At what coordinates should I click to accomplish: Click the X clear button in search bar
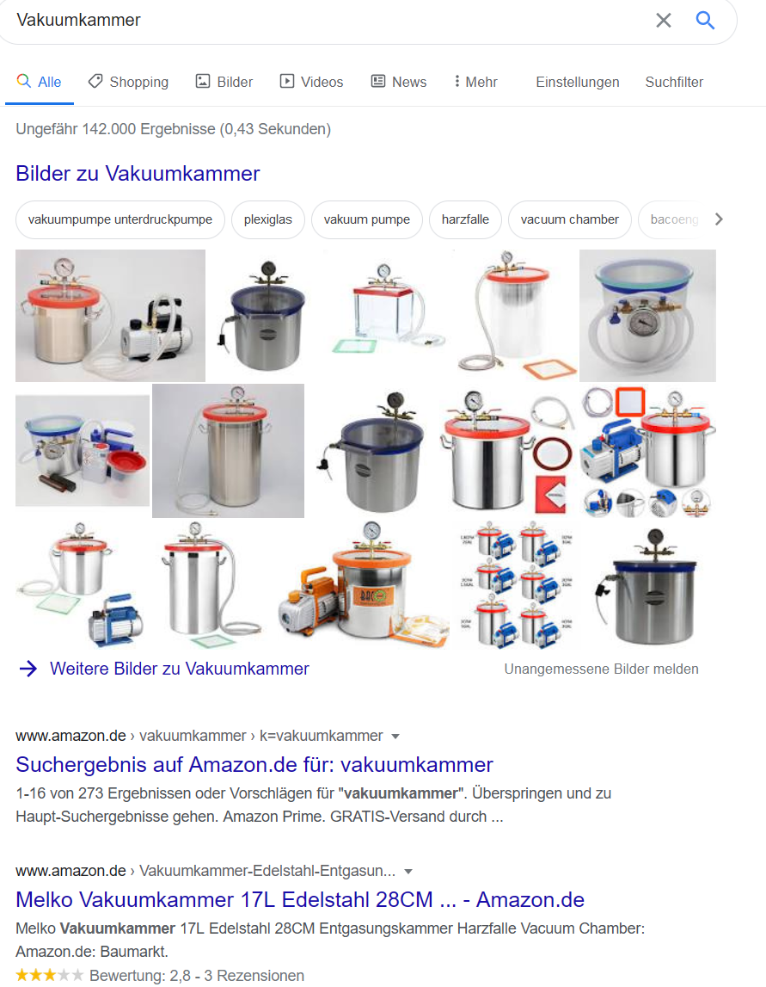(x=664, y=21)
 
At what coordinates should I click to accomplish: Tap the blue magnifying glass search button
(x=705, y=21)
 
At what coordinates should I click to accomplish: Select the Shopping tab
(x=128, y=82)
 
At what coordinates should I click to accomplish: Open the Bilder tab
(x=224, y=82)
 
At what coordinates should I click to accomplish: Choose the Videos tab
(x=311, y=82)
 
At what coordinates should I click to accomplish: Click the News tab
(x=399, y=82)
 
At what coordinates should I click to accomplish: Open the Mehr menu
(x=475, y=82)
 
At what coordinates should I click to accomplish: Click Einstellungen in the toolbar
(x=578, y=82)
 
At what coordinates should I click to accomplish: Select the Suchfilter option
(x=674, y=82)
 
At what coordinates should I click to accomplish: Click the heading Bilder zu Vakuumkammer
(x=138, y=173)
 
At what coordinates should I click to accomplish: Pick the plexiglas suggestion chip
(x=268, y=219)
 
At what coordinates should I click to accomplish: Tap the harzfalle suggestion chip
(x=465, y=219)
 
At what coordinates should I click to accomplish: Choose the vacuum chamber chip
(x=570, y=219)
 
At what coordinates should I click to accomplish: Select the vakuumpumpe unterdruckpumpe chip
(x=120, y=219)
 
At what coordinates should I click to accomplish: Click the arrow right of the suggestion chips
(x=719, y=219)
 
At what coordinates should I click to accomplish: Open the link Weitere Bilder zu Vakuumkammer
(x=179, y=669)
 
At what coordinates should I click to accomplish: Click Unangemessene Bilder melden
(x=601, y=669)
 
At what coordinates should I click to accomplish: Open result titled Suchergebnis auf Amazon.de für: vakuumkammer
(x=254, y=764)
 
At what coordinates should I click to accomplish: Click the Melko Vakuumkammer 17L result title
(x=300, y=899)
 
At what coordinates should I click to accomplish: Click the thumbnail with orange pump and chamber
(x=364, y=585)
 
